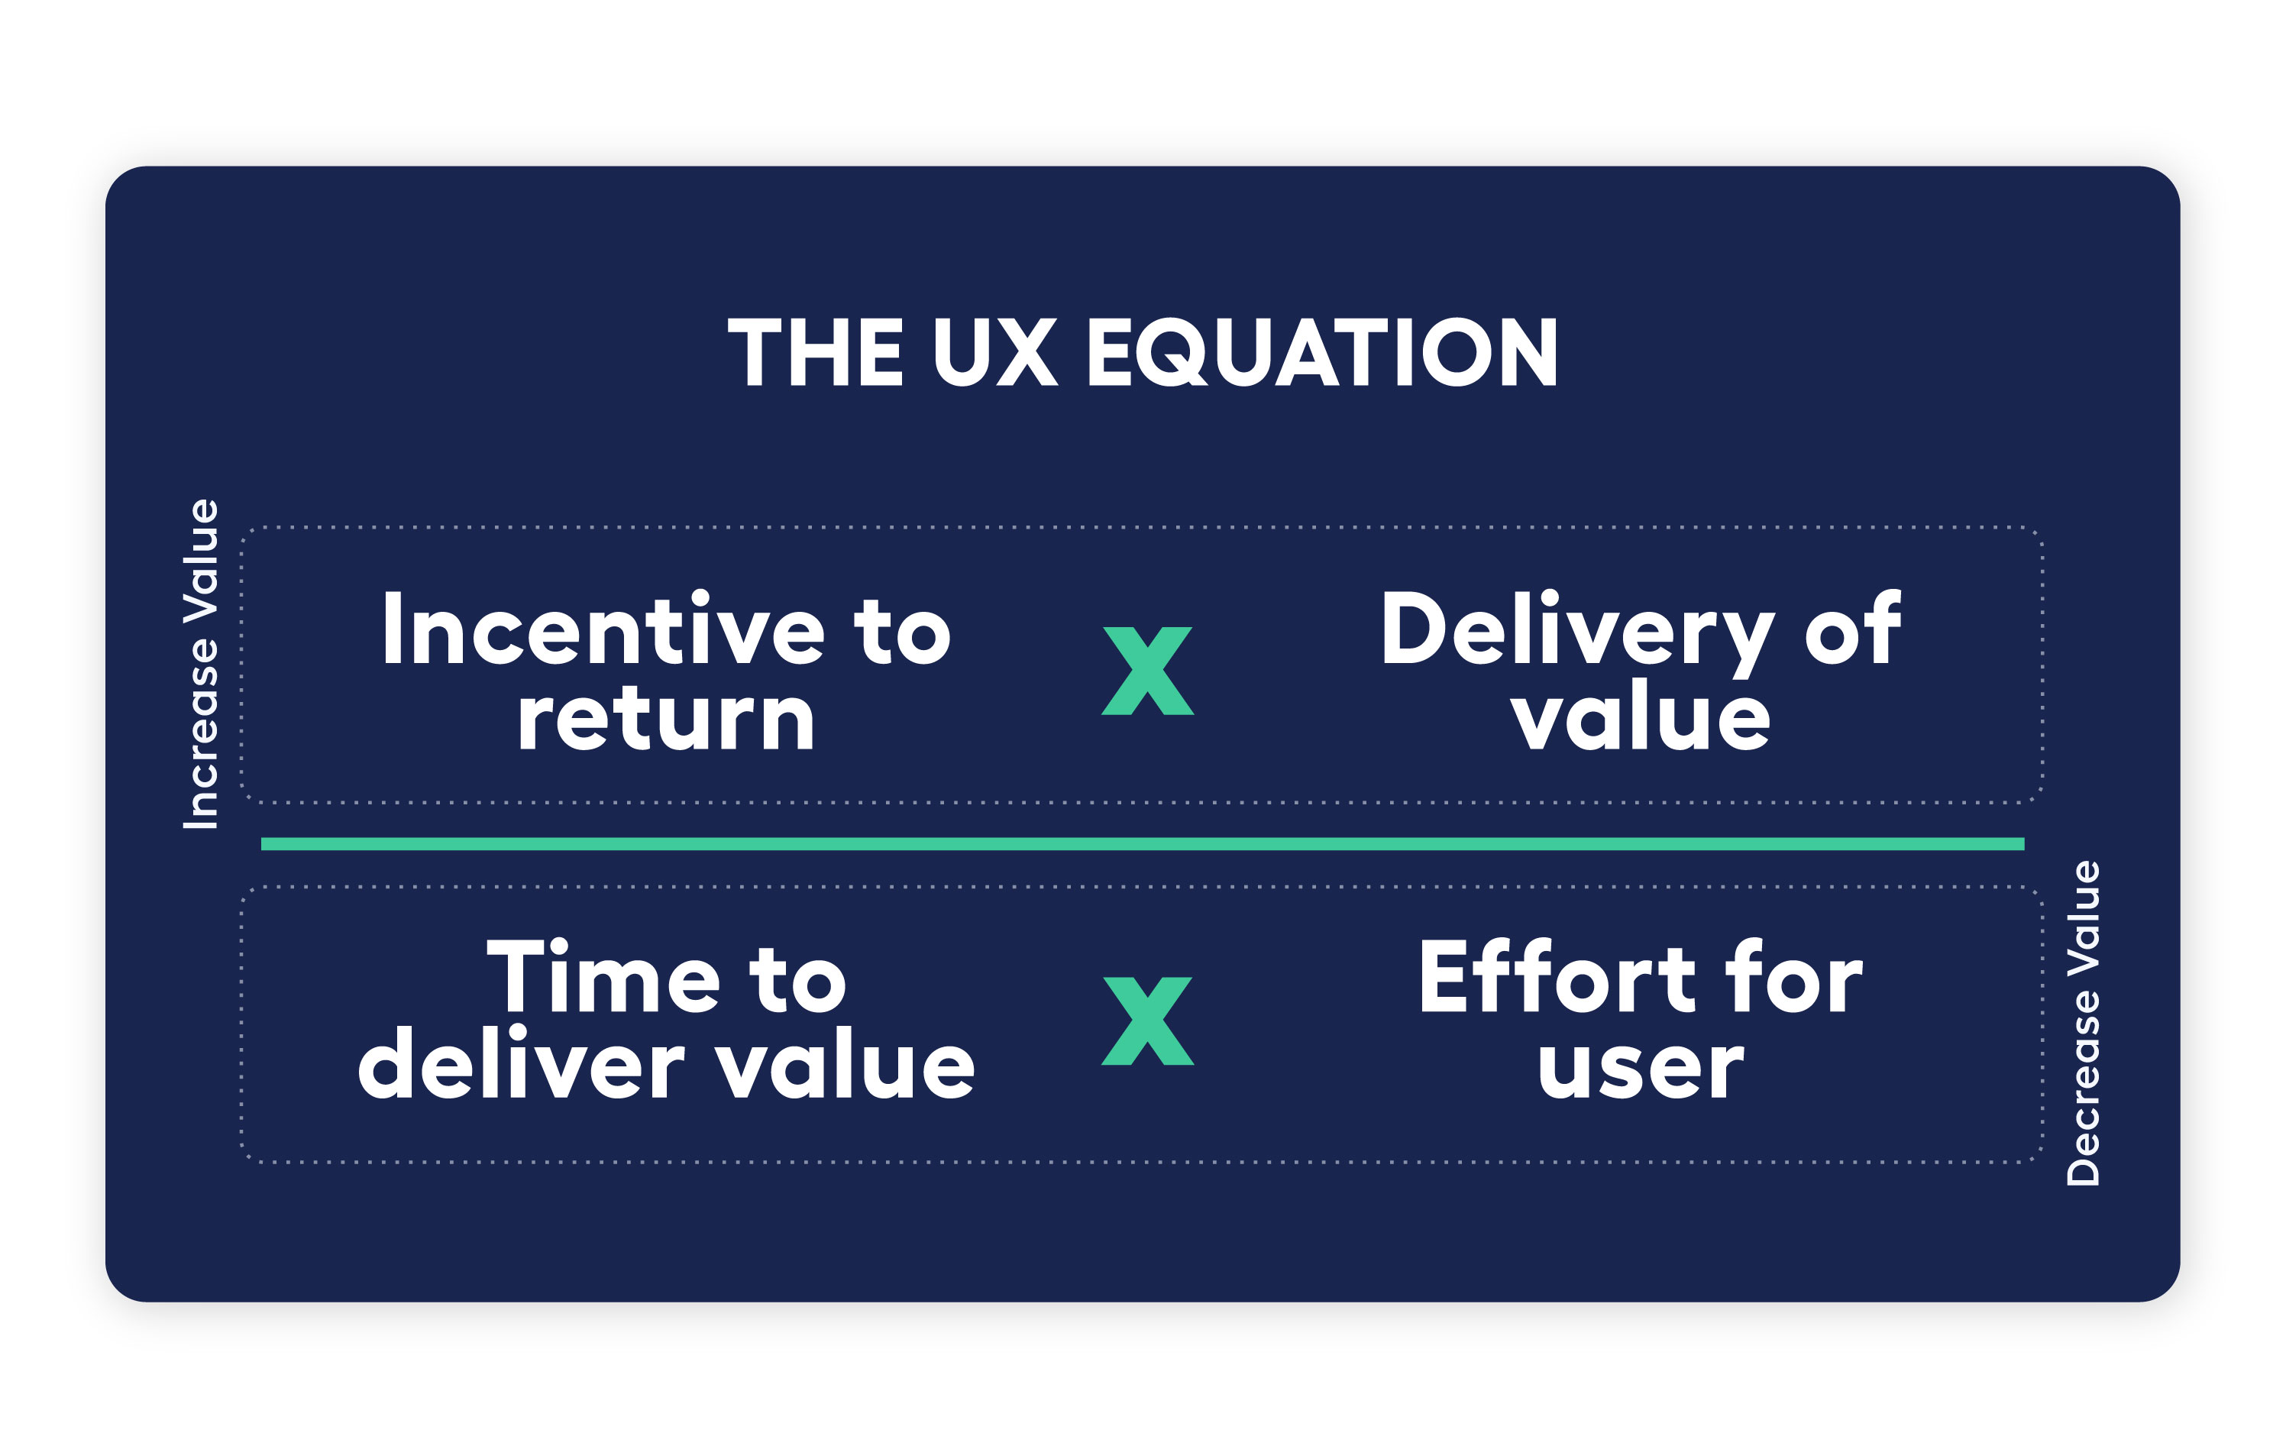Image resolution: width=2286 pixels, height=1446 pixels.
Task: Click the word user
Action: [x=1641, y=1067]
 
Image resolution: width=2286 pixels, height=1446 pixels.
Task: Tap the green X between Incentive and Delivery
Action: [x=1146, y=671]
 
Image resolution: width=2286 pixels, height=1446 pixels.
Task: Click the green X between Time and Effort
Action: [x=1146, y=1021]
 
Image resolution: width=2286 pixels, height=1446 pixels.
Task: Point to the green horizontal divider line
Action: [x=1143, y=843]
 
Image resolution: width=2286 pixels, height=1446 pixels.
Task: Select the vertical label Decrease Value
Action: [x=2083, y=1023]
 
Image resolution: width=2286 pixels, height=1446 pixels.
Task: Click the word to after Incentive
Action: [x=902, y=630]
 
